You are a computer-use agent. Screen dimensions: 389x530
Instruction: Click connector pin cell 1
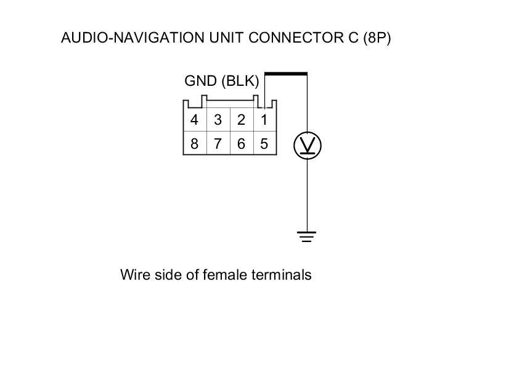264,120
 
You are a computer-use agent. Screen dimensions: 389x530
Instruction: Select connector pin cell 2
241,120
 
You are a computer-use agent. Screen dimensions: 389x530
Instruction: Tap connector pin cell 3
218,120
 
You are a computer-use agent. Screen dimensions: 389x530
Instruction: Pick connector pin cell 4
195,120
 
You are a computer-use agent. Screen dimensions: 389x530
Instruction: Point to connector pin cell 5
264,144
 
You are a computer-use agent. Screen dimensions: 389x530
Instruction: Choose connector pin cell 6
241,144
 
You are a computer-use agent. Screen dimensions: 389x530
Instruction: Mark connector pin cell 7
218,144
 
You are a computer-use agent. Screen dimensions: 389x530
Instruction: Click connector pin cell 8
195,144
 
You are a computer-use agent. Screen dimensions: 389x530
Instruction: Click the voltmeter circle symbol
307,146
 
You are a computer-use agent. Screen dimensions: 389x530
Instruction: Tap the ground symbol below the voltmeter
307,236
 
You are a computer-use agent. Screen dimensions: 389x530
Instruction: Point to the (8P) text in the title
377,38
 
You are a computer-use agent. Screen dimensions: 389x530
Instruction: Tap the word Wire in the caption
135,274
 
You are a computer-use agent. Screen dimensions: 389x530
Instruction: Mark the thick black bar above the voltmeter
285,74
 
